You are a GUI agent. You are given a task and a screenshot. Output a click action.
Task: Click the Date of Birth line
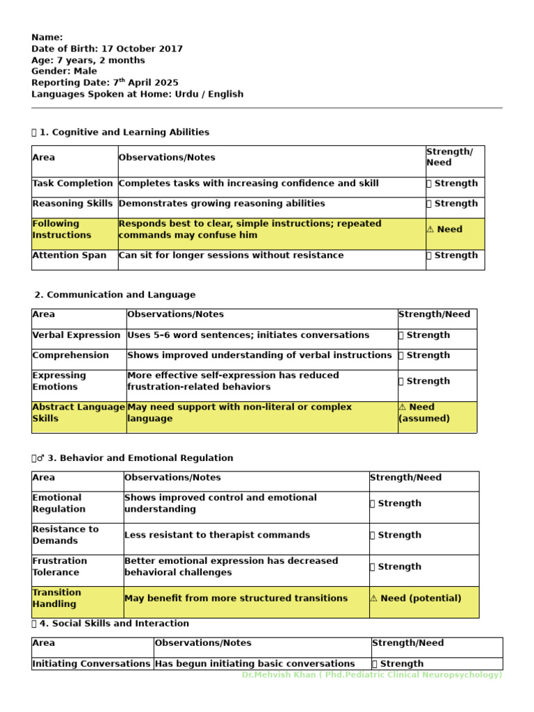(x=107, y=49)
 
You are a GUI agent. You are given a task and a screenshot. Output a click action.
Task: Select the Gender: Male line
(x=64, y=71)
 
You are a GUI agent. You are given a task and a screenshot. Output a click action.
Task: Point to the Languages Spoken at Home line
(x=137, y=94)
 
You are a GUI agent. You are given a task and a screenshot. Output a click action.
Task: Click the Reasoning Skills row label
(x=72, y=204)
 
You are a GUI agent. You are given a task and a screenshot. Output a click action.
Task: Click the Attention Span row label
(x=70, y=255)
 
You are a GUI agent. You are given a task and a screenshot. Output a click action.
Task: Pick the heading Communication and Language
(x=115, y=295)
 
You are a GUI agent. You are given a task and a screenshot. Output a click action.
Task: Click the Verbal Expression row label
(x=76, y=335)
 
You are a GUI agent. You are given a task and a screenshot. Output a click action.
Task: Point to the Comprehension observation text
(x=259, y=355)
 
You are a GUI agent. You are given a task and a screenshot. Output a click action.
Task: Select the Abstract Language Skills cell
(x=79, y=413)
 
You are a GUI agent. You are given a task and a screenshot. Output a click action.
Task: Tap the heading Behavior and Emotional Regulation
(x=140, y=458)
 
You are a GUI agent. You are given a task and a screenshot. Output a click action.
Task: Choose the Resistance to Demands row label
(x=65, y=535)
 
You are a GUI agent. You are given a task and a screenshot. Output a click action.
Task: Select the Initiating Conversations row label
(x=91, y=664)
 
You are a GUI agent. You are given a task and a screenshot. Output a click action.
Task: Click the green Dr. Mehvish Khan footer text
(x=371, y=675)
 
